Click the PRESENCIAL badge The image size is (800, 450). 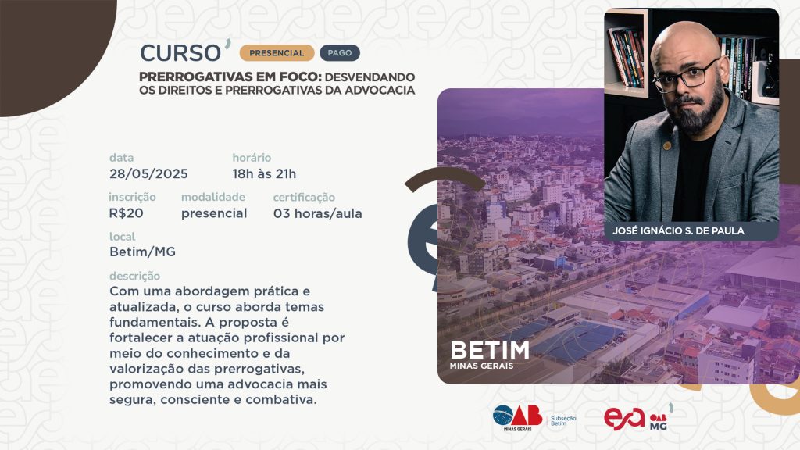coord(277,53)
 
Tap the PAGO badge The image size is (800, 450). coord(340,53)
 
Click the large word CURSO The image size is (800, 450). coord(180,53)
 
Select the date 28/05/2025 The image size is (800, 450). coord(148,174)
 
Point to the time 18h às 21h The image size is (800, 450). coord(264,174)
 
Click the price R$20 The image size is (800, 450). coord(126,213)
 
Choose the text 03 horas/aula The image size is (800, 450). coord(317,213)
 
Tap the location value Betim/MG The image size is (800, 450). coord(142,252)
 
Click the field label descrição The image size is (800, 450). coord(134,276)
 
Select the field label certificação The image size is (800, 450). coord(304,198)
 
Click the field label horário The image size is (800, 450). coord(252,158)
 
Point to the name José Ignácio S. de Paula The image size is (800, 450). coord(679,230)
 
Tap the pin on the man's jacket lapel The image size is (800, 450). coord(666,146)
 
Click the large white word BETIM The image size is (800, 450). coord(490,351)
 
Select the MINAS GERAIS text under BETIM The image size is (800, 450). coord(481,366)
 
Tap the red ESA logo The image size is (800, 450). coord(624,419)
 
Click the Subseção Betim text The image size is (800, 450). coord(563,420)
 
